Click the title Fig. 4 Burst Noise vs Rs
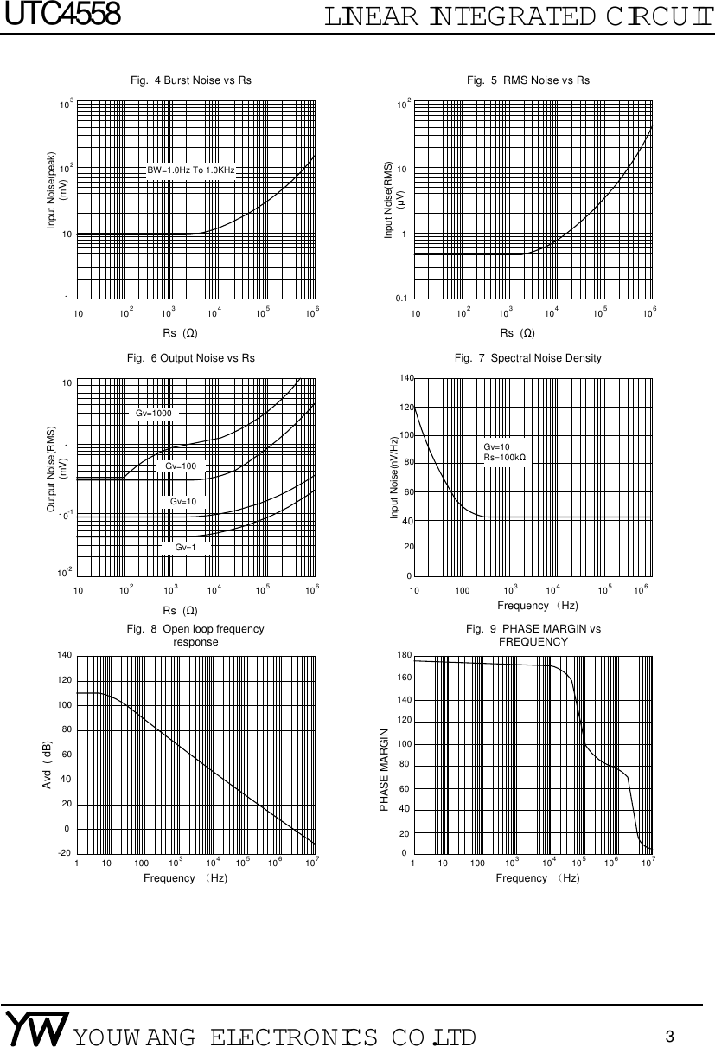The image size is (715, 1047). [190, 80]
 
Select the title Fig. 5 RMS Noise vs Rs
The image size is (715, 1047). [527, 80]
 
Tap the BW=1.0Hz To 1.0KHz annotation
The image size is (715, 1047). [191, 171]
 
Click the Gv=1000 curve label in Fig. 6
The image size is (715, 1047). [154, 414]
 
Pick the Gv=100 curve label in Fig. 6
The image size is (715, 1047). [181, 466]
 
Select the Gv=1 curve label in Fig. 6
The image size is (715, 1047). [185, 547]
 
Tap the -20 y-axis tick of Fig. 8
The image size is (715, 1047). [64, 853]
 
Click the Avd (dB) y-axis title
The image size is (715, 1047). [48, 765]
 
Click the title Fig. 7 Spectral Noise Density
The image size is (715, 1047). [527, 357]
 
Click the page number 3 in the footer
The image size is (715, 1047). [669, 1036]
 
